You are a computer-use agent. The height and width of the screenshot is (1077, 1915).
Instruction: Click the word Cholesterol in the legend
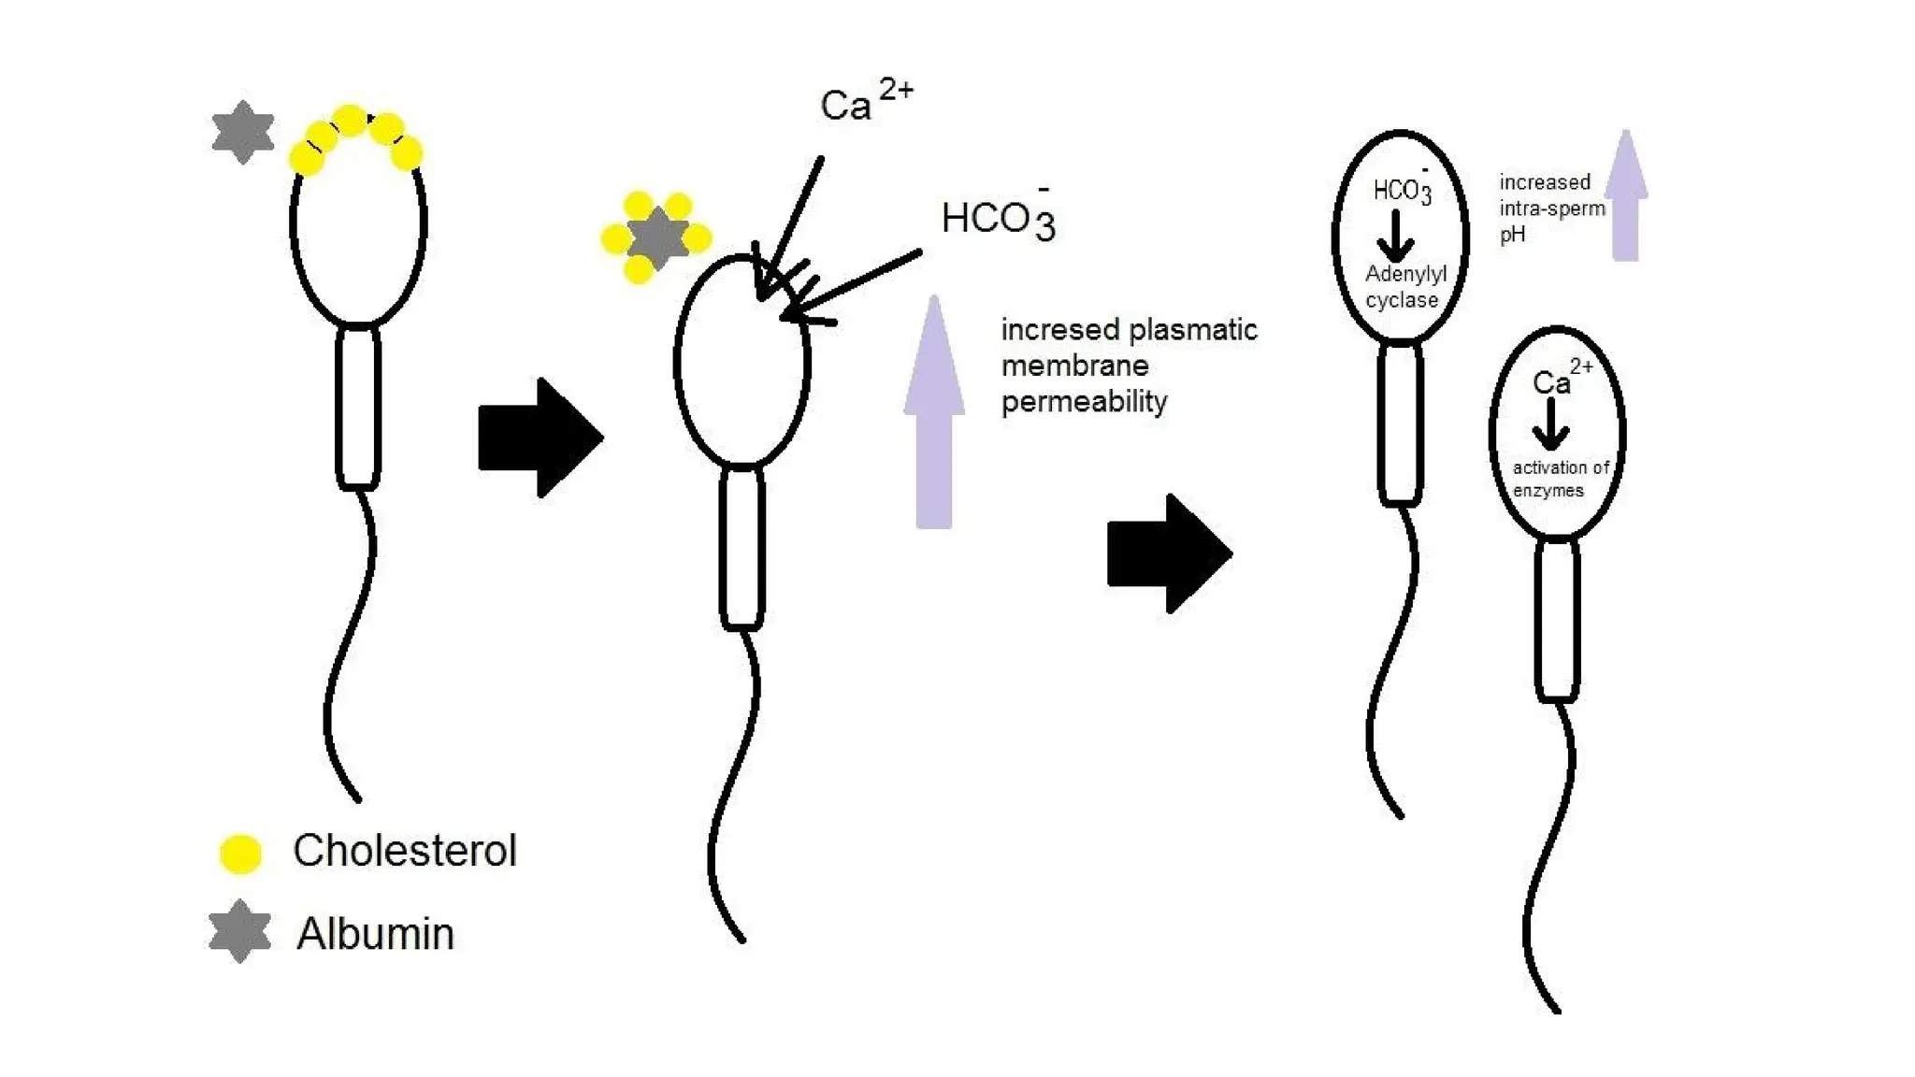pos(404,851)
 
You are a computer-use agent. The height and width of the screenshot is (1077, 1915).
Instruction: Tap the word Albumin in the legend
pos(375,934)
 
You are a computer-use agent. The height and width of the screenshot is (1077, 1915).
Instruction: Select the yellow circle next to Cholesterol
pos(240,853)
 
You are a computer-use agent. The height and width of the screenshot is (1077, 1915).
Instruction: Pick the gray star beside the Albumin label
pos(240,931)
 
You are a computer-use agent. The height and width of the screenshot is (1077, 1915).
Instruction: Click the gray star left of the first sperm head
pos(243,132)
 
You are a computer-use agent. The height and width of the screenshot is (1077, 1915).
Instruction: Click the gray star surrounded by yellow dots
pos(657,237)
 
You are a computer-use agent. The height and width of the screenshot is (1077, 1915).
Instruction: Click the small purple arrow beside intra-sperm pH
pos(1626,196)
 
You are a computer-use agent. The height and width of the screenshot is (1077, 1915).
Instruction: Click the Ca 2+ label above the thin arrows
pos(864,102)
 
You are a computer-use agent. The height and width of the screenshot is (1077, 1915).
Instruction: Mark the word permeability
pos(1084,402)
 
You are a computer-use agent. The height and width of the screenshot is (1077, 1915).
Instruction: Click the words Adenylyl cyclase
pos(1404,287)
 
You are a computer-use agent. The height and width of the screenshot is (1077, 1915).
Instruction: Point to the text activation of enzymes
pos(1560,479)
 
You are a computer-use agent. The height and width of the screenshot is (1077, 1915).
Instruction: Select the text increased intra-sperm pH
pos(1551,208)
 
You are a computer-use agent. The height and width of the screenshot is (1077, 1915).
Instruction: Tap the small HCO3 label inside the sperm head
pos(1402,190)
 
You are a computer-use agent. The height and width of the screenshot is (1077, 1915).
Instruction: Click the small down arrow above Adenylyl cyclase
pos(1396,237)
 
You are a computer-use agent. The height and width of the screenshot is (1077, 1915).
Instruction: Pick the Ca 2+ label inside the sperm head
pos(1560,379)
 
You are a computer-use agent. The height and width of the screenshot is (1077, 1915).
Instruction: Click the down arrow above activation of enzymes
pos(1550,425)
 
